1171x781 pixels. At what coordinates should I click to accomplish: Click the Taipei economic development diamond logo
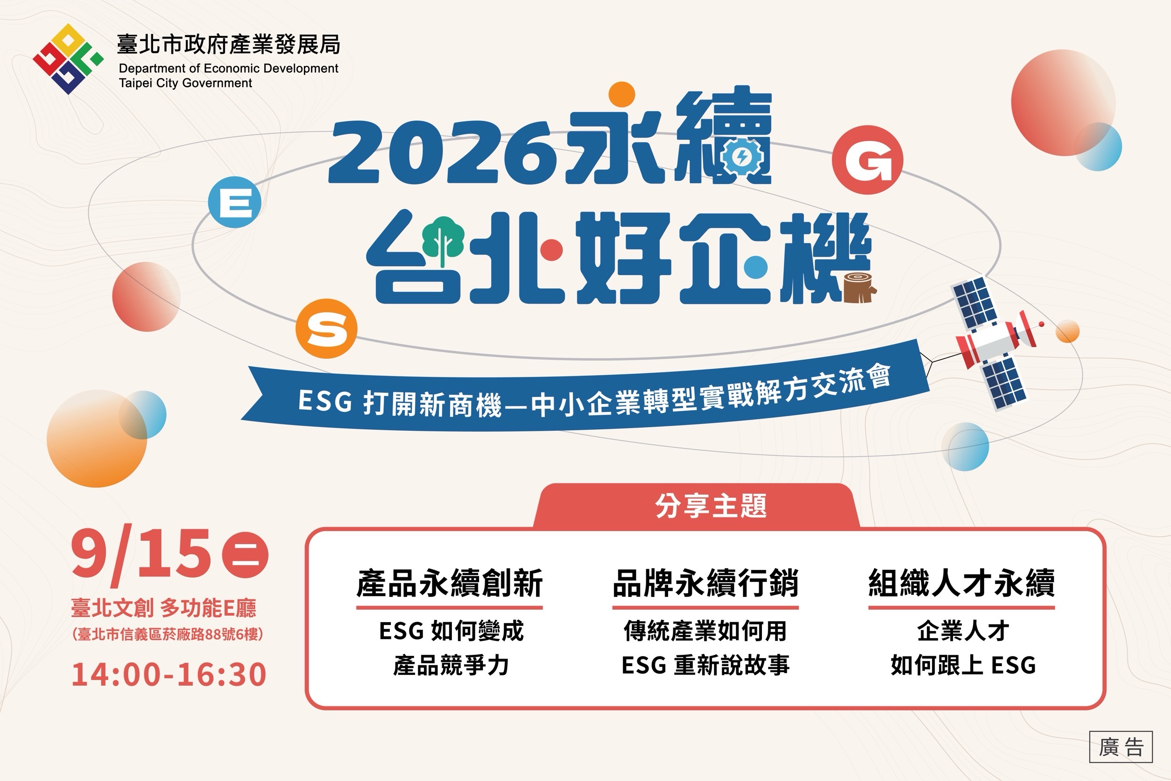point(68,59)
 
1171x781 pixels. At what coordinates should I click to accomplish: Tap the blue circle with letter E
point(234,202)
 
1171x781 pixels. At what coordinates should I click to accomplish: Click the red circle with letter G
point(868,159)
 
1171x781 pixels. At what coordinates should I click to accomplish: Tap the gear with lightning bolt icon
point(742,157)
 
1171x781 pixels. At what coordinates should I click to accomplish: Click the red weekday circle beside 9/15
point(245,556)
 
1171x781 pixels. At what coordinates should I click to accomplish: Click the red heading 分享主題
point(711,506)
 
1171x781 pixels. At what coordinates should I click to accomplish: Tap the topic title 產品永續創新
point(449,583)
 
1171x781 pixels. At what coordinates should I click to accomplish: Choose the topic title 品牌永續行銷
point(705,583)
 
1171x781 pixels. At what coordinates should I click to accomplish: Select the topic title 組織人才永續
point(961,583)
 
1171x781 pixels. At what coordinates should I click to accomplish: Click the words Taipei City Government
point(185,83)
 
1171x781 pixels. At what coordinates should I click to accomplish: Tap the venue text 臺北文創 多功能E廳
point(164,608)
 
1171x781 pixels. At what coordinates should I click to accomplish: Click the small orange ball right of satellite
point(1067,332)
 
